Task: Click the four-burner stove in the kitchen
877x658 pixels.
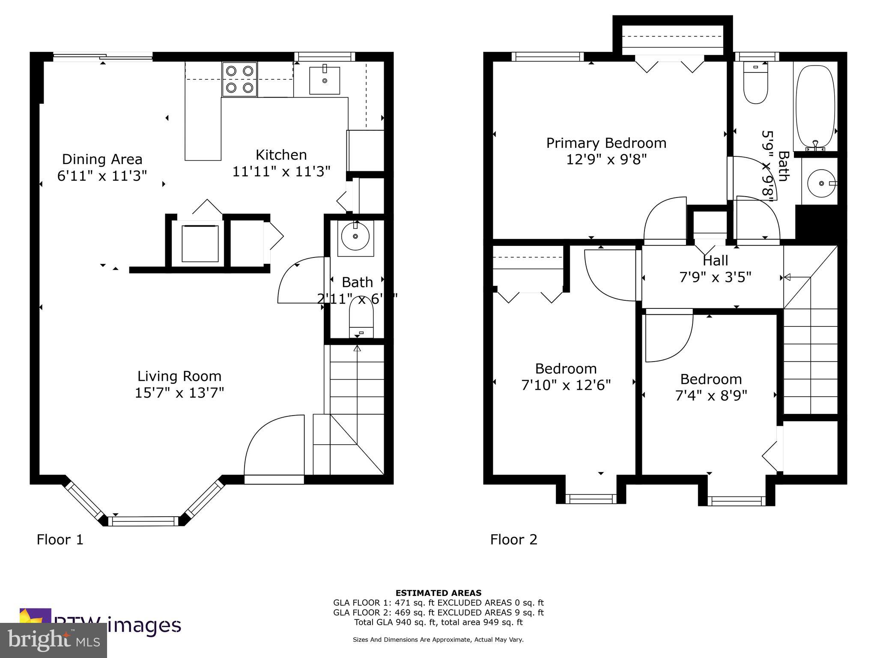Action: (x=239, y=79)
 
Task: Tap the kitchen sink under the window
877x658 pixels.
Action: (x=325, y=81)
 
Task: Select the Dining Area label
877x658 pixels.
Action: (x=102, y=159)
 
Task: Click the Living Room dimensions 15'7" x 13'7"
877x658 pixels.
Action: (x=179, y=392)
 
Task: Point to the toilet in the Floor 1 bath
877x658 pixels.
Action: (x=361, y=319)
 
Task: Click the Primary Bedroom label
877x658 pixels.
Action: (x=606, y=143)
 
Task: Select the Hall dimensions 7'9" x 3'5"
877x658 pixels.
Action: (x=715, y=277)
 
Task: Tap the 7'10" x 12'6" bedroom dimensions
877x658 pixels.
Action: (x=566, y=385)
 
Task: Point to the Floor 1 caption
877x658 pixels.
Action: (x=60, y=539)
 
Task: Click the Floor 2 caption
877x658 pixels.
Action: (x=513, y=539)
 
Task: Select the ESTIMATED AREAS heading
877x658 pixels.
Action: (x=438, y=593)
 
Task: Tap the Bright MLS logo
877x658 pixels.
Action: (x=54, y=640)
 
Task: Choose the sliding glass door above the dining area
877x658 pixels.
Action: (x=103, y=56)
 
